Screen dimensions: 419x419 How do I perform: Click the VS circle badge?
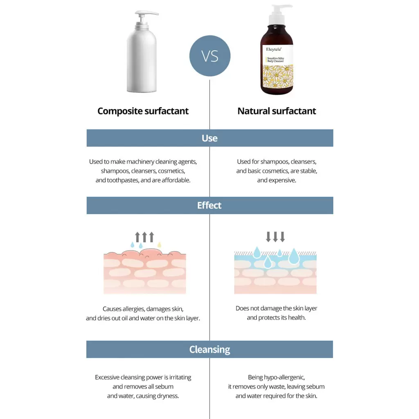point(210,56)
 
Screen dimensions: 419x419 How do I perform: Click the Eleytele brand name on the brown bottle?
point(274,50)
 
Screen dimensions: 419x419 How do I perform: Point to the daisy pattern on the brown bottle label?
point(278,77)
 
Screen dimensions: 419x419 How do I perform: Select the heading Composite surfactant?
point(143,111)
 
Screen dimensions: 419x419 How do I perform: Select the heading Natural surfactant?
point(277,111)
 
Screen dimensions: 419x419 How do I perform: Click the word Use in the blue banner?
point(209,138)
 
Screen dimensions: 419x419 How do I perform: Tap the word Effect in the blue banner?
point(209,205)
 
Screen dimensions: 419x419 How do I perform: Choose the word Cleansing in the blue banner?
point(209,349)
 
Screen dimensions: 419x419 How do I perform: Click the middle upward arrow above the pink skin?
point(144,237)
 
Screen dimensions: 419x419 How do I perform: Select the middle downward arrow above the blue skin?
point(275,237)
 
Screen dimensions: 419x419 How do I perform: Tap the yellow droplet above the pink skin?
point(160,245)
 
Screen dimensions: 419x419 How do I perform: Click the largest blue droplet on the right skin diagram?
point(294,256)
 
